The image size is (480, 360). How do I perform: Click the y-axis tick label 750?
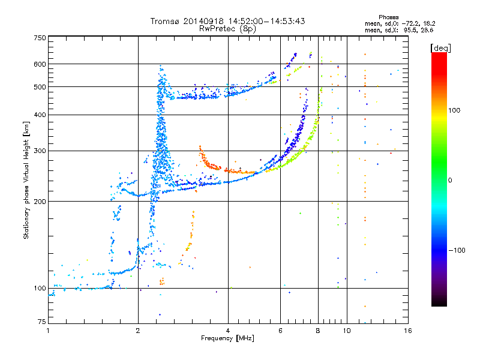(x=39, y=37)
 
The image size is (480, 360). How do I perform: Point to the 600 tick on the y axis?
(x=39, y=64)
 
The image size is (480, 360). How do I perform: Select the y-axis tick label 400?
(x=39, y=115)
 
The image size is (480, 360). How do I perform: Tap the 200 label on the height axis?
(x=39, y=201)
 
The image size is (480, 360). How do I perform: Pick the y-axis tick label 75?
(x=41, y=322)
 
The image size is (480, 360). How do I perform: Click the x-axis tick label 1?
(x=48, y=331)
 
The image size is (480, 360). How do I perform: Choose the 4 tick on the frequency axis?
(x=228, y=331)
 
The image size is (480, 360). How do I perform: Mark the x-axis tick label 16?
(x=407, y=331)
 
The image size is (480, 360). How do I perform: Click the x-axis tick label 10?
(x=346, y=331)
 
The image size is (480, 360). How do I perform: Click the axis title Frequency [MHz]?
(x=227, y=338)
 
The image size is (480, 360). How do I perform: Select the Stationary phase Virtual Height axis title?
(x=26, y=180)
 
